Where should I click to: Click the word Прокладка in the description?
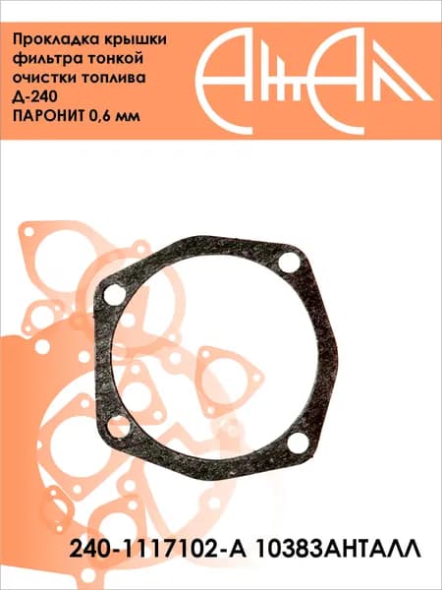click(x=53, y=40)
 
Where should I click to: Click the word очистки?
click(x=43, y=79)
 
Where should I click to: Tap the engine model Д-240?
click(x=35, y=97)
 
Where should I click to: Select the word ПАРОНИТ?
click(x=48, y=116)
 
